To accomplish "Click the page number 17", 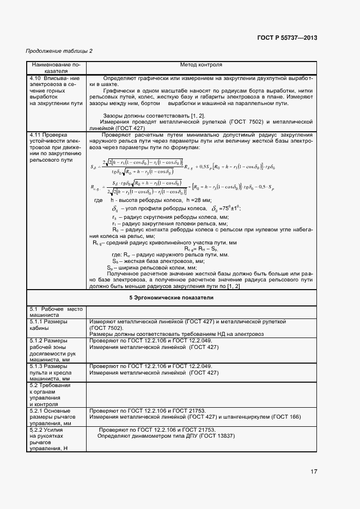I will [314, 471].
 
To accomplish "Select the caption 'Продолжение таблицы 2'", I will [59, 51].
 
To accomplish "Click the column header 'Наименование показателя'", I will [56, 68].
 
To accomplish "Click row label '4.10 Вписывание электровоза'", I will [56, 90].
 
